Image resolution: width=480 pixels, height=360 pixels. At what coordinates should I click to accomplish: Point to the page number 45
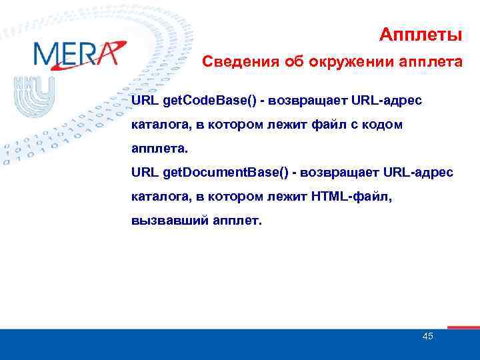coord(428,337)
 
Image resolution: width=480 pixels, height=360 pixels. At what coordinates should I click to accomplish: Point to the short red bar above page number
coord(463,327)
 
